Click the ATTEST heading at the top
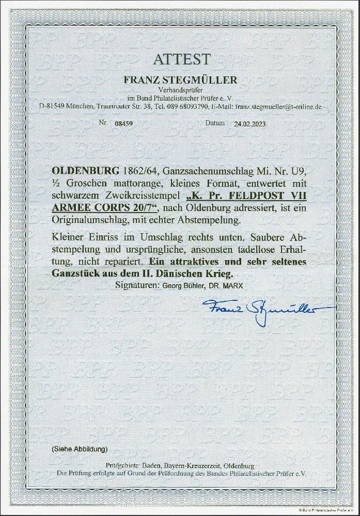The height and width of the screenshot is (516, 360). click(180, 59)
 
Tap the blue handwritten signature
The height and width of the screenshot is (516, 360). click(265, 310)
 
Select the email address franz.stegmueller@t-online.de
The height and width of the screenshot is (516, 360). click(278, 107)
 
